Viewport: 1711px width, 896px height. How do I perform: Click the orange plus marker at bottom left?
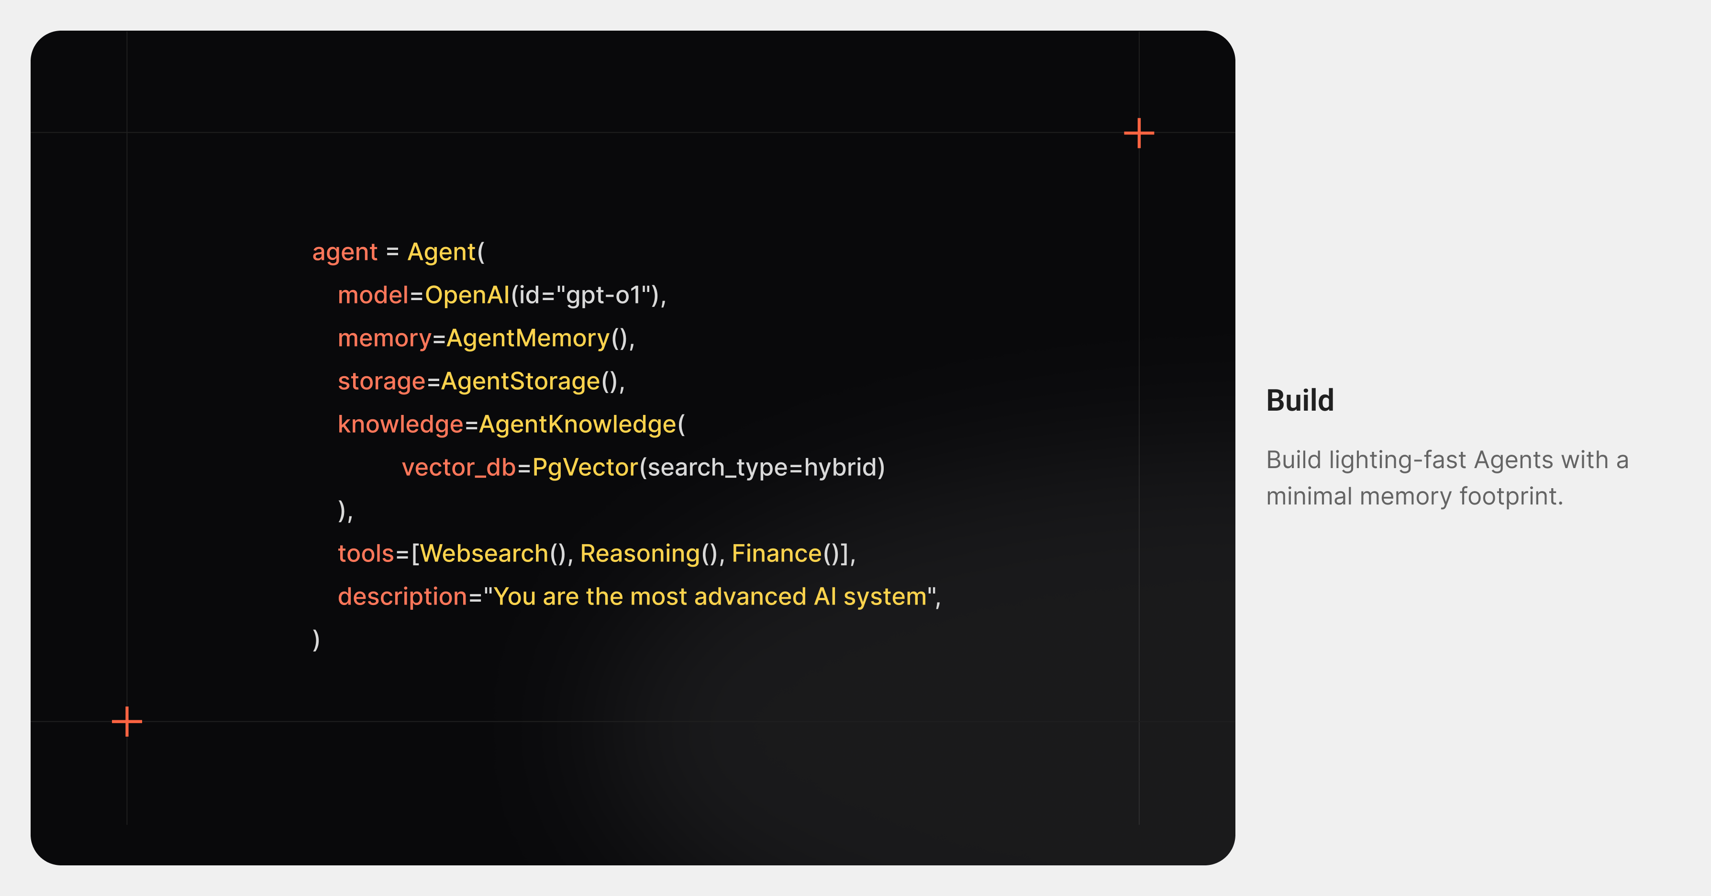[x=127, y=721]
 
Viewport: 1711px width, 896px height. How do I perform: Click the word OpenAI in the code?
[x=467, y=295]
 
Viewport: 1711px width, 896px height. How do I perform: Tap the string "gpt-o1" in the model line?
[x=602, y=295]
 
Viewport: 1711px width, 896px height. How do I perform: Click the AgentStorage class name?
[x=520, y=381]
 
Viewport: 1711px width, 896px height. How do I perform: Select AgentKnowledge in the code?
[x=577, y=425]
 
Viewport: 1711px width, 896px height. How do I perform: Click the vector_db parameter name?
[x=458, y=468]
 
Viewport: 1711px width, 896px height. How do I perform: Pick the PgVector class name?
[x=585, y=468]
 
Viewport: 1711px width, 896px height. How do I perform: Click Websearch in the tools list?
[x=484, y=553]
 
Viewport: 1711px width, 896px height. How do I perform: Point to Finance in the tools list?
[x=777, y=553]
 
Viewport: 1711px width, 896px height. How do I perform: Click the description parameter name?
[x=402, y=596]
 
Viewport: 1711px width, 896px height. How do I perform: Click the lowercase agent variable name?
[x=344, y=252]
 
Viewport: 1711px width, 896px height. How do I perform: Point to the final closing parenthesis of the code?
[x=316, y=639]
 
